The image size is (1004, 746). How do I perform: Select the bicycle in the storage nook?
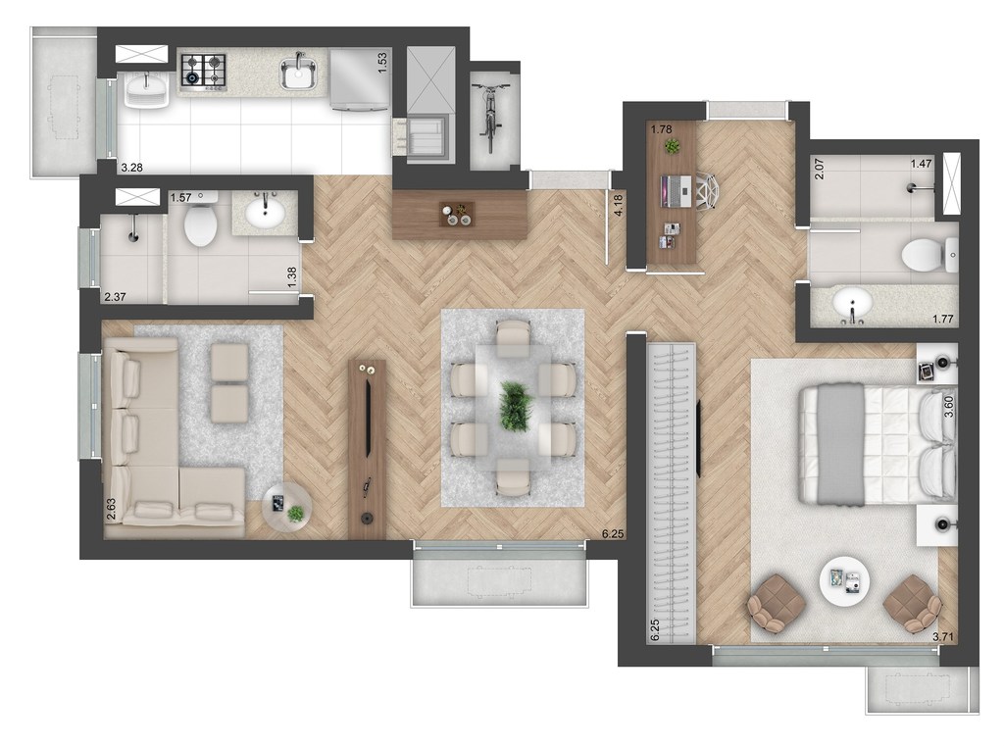pyautogui.click(x=491, y=118)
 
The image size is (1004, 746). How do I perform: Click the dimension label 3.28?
pyautogui.click(x=132, y=169)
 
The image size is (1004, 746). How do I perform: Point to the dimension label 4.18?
pyautogui.click(x=618, y=206)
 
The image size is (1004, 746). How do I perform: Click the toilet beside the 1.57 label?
pyautogui.click(x=200, y=222)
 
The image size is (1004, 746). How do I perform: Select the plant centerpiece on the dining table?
pyautogui.click(x=516, y=406)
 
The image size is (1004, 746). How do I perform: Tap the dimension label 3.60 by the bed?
pyautogui.click(x=949, y=407)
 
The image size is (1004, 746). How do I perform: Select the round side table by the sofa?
pyautogui.click(x=287, y=506)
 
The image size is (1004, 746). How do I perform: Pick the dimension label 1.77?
pyautogui.click(x=943, y=319)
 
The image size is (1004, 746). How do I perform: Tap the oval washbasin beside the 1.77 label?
pyautogui.click(x=852, y=303)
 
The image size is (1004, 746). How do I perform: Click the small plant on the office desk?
pyautogui.click(x=672, y=147)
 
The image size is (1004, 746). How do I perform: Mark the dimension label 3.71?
pyautogui.click(x=943, y=637)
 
